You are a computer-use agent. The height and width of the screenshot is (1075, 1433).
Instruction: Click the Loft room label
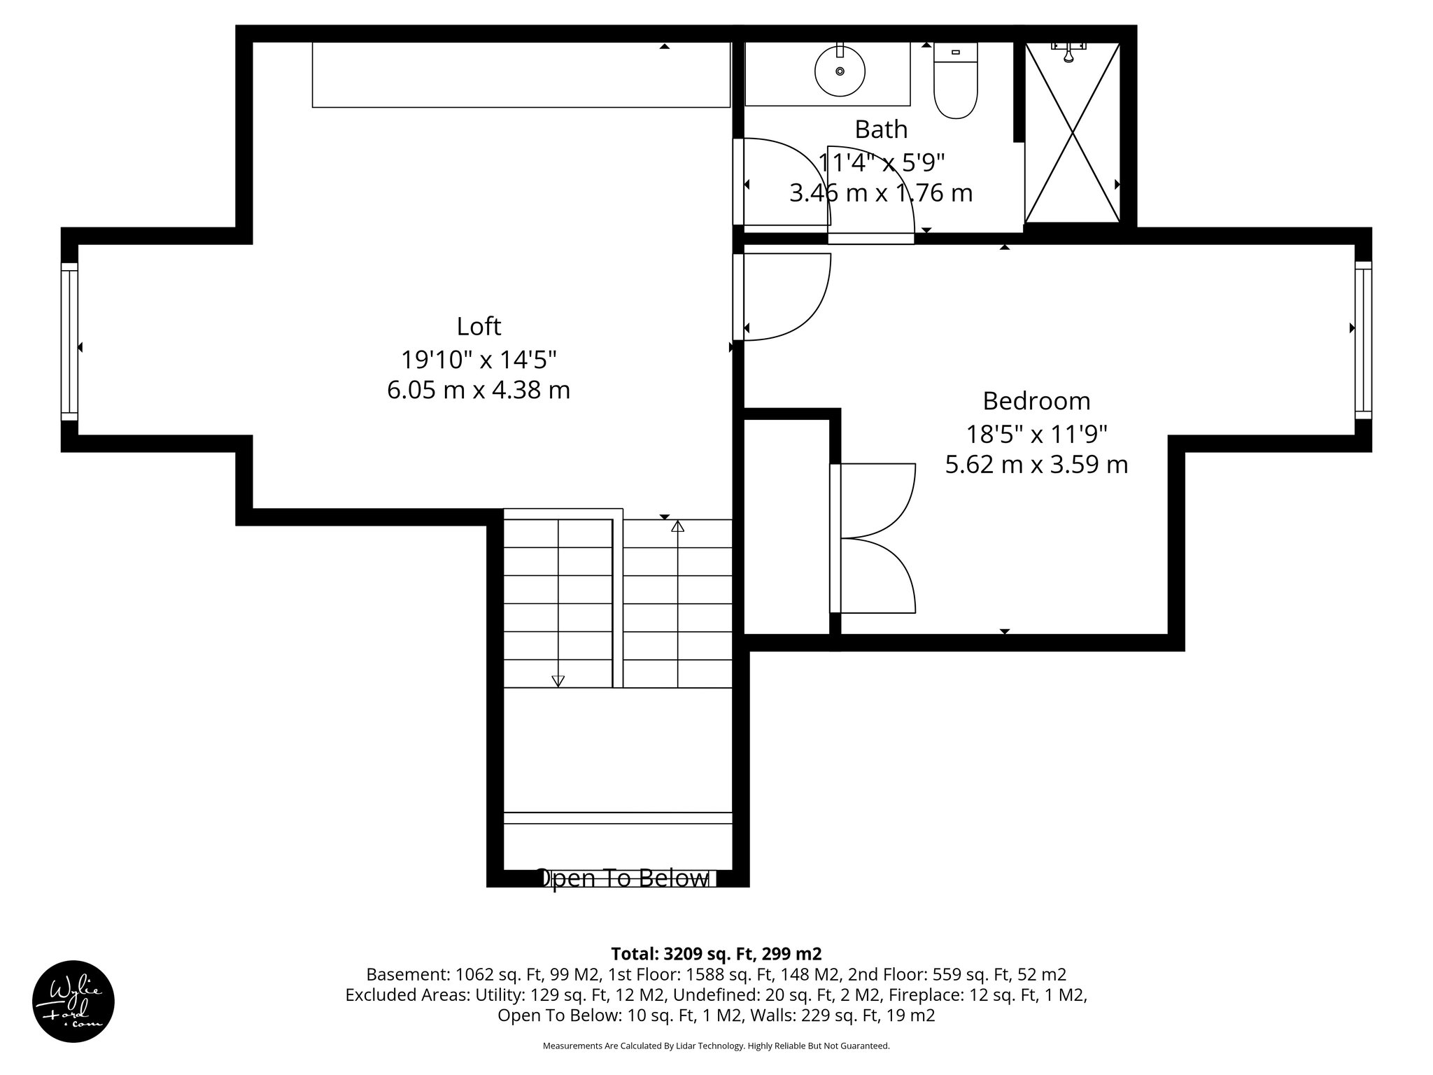[479, 326]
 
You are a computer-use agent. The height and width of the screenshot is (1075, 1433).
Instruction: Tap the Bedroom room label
[1036, 401]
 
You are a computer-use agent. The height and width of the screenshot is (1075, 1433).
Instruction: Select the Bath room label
[881, 129]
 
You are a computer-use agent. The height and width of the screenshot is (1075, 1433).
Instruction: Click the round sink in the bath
[840, 71]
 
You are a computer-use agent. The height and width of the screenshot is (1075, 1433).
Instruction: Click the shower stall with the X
[1072, 133]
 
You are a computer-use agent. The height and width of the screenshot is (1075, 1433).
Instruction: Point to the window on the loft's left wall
[69, 341]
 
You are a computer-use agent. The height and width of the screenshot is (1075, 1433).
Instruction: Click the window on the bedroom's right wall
[1363, 340]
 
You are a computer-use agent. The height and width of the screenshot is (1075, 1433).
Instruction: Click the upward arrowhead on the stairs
[677, 526]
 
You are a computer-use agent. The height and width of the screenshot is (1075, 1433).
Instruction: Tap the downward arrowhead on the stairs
[558, 680]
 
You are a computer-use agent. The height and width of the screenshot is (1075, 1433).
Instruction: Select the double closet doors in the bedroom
[875, 538]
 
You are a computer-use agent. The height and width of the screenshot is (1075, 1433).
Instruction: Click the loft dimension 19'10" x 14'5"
[479, 360]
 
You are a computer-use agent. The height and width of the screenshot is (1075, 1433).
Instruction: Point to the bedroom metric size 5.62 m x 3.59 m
[1036, 465]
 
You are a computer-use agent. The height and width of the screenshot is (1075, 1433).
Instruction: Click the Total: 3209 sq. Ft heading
[716, 954]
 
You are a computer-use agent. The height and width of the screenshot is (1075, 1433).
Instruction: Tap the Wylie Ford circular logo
[73, 1002]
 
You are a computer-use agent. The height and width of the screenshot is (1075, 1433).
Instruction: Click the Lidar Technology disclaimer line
[716, 1046]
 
